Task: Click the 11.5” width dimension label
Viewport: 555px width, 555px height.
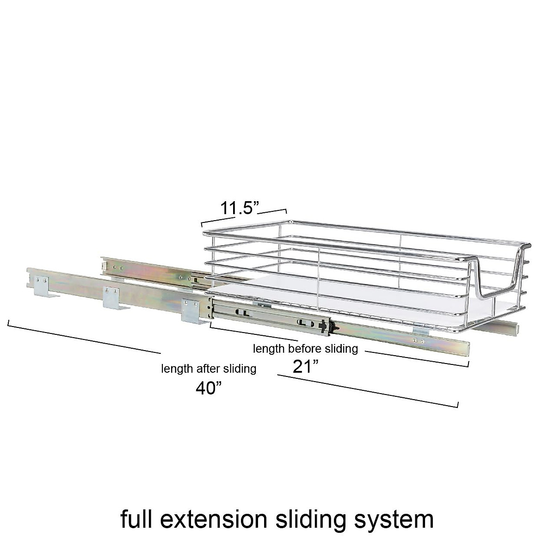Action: (238, 208)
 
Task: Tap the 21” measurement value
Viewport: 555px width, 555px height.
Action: (306, 367)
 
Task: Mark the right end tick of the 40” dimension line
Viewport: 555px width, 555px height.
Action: (457, 405)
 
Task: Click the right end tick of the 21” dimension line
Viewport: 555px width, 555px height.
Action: (469, 364)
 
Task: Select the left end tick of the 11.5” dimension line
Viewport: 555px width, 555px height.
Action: (202, 223)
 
